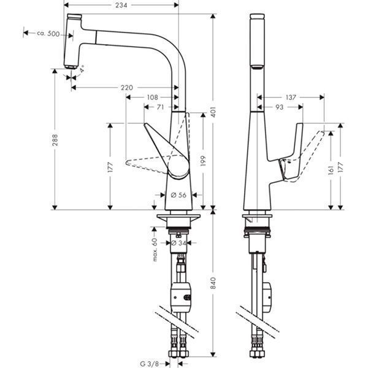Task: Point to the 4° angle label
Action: (x=83, y=70)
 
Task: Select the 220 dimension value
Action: (x=126, y=88)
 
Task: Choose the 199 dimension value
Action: (x=201, y=161)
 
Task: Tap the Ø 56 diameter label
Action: (x=178, y=195)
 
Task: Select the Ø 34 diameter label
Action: (x=178, y=243)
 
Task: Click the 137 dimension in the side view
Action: (x=291, y=97)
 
